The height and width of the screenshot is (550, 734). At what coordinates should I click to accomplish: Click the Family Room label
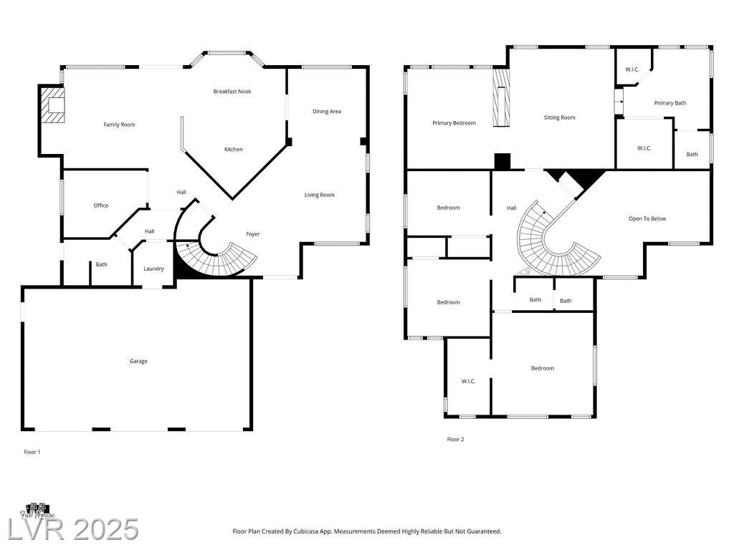point(120,125)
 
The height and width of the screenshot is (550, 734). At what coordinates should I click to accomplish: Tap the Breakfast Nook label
point(232,92)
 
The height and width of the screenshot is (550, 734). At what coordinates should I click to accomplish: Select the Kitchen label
point(233,150)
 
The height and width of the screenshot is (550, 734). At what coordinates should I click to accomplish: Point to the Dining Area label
point(327,112)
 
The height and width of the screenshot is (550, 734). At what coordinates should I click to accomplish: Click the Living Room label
point(319,195)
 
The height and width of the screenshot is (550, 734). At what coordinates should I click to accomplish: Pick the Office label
point(100,206)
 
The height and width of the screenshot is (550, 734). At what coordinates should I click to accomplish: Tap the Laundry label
point(153,269)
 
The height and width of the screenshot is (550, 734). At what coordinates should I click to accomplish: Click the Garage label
point(138,362)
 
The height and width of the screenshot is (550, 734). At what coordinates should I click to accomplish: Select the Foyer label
point(253,234)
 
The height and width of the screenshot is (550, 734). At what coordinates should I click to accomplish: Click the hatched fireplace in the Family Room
point(52,105)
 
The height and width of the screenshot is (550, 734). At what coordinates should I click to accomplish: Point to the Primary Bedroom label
point(454,123)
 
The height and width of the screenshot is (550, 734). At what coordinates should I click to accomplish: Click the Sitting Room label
point(559,118)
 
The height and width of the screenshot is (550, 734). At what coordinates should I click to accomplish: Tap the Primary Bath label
point(670,103)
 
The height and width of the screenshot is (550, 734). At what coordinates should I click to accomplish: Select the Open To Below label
point(647,219)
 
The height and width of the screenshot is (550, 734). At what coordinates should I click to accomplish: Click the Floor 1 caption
point(32,453)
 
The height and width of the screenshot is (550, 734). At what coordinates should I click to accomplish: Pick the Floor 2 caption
point(455,440)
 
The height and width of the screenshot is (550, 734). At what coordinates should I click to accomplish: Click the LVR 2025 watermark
point(74,530)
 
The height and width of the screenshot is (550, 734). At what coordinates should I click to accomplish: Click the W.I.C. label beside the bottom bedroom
point(468,382)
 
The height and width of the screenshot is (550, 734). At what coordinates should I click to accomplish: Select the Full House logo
point(37,511)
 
